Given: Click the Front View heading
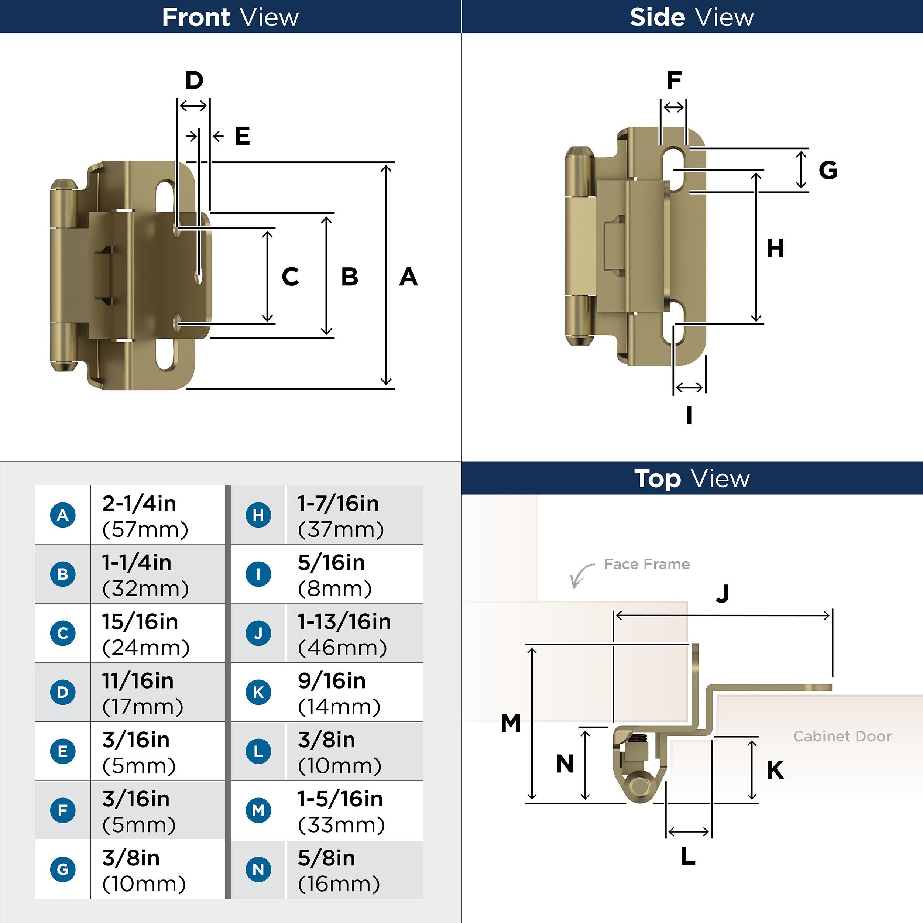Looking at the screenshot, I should (230, 17).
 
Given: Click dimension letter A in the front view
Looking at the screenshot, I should (408, 277).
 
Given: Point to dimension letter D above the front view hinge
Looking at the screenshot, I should (194, 80).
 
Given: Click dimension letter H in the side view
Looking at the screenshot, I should (775, 248).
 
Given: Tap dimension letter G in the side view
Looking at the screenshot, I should (828, 170).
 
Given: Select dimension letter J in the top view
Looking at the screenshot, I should (723, 594).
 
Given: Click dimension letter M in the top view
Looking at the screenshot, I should (510, 723).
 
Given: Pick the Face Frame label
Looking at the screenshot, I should (646, 564).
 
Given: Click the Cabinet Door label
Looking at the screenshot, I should (842, 736).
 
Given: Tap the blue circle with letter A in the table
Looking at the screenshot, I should (63, 515).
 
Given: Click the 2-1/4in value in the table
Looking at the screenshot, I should (139, 504).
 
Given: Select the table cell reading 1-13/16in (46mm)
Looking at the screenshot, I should (344, 634).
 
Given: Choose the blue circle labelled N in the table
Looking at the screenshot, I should (258, 869).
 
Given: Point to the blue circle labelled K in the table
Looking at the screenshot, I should (258, 692).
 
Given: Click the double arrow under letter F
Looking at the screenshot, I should (674, 107).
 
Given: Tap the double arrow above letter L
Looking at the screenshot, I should (689, 832).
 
